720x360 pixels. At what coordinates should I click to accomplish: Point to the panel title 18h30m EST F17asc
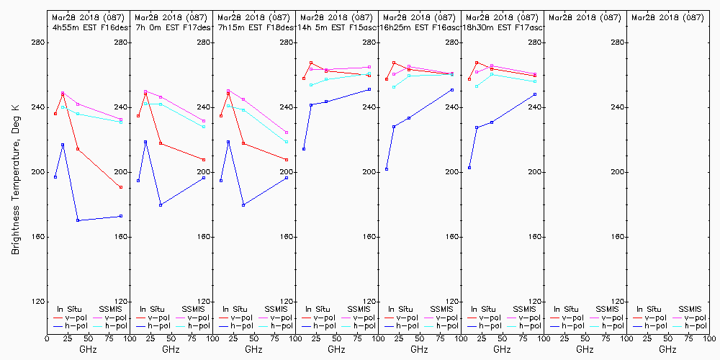(x=503, y=27)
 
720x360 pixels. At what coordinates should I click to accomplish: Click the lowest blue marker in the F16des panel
(x=78, y=220)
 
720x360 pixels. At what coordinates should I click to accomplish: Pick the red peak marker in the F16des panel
(x=63, y=94)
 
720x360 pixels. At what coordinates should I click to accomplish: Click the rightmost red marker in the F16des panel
(x=121, y=187)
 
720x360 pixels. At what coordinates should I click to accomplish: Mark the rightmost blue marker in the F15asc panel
(x=369, y=89)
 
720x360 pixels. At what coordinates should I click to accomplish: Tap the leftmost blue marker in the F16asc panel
(x=387, y=169)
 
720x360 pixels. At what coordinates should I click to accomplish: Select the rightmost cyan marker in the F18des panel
(x=287, y=142)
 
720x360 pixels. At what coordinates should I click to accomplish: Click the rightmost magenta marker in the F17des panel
(x=204, y=121)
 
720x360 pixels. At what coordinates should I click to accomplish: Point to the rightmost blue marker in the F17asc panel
(x=535, y=94)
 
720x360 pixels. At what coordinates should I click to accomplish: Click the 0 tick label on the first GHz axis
(x=48, y=337)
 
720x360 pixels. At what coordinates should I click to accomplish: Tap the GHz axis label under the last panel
(x=667, y=349)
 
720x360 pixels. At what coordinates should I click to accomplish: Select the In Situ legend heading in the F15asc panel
(x=318, y=309)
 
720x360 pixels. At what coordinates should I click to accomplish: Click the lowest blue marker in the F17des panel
(x=161, y=205)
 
